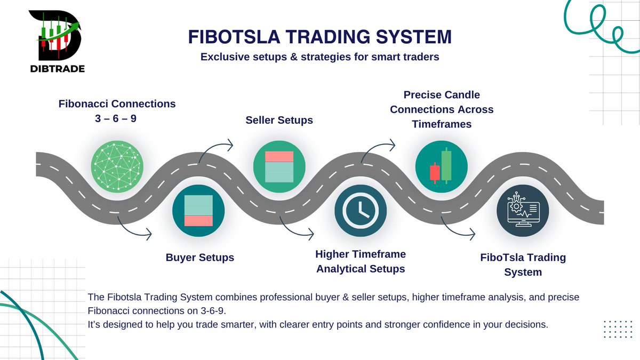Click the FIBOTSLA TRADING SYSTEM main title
pos(319,37)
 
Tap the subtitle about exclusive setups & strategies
pos(319,57)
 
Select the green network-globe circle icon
pos(117,164)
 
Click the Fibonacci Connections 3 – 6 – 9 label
pos(117,110)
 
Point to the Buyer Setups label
pos(199,258)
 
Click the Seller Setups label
pos(279,121)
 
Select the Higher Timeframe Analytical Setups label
pos(361,261)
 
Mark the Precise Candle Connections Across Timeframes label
pos(442,109)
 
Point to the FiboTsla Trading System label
pos(523,265)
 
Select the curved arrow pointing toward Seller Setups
pos(219,147)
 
